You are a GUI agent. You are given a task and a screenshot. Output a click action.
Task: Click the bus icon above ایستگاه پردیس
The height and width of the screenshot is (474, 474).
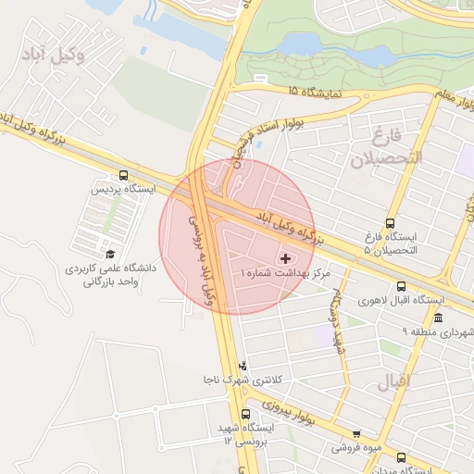[x=124, y=175]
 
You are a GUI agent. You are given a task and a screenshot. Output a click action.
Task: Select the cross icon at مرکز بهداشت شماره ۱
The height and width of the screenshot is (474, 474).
[x=284, y=257]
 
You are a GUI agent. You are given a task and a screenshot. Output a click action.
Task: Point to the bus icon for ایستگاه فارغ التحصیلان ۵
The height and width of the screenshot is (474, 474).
[x=389, y=223]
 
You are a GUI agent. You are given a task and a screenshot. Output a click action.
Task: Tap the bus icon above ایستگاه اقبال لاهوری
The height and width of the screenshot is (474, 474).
[x=401, y=287]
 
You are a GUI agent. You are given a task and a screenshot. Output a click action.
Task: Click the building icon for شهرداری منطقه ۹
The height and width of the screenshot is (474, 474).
[x=437, y=318]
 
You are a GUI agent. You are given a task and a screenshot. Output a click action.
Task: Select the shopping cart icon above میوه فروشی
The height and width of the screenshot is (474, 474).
[x=357, y=433]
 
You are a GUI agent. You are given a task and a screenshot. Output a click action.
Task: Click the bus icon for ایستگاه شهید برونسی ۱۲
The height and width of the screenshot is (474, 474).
[x=245, y=414]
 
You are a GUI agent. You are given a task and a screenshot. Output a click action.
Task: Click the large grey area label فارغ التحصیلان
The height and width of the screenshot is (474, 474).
[x=385, y=147]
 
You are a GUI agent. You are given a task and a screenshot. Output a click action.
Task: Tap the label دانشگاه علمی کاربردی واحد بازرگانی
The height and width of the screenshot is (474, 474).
[x=110, y=273]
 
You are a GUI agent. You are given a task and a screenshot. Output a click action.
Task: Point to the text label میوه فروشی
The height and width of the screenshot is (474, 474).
[x=356, y=448]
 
